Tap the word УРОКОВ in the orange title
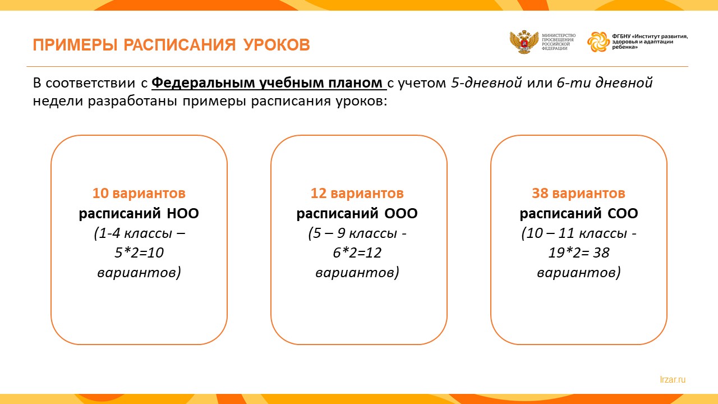(277, 45)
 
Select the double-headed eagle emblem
(524, 42)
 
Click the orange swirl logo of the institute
(599, 42)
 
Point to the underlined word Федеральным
(203, 82)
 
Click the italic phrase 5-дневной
(486, 82)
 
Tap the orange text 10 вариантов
(139, 194)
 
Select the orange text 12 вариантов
(357, 194)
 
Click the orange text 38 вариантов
(578, 194)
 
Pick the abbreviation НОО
(183, 214)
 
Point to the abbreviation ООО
(401, 214)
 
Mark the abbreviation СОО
(623, 214)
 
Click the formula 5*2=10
(139, 252)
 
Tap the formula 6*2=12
(357, 252)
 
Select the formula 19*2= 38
(579, 252)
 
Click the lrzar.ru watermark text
(673, 380)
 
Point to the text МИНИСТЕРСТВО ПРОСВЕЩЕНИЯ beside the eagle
(558, 38)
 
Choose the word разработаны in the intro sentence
(132, 102)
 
